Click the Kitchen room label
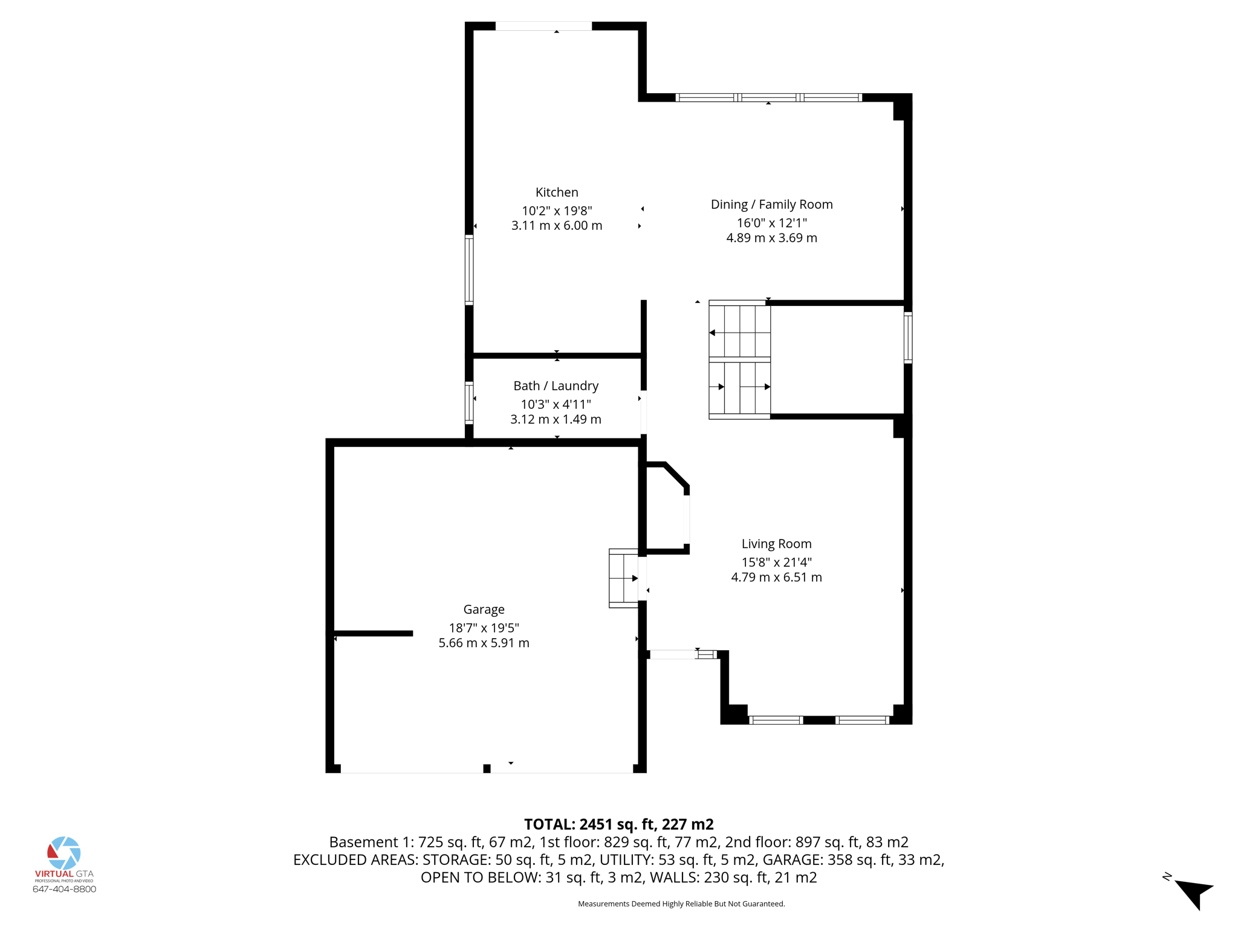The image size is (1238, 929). (x=557, y=192)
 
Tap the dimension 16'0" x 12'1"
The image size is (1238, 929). (x=771, y=223)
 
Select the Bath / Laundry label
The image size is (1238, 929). (x=556, y=386)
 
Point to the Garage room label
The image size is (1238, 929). (x=484, y=610)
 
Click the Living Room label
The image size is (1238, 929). (x=776, y=544)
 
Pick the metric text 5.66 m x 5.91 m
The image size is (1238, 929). (x=484, y=643)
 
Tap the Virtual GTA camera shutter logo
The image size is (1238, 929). (x=64, y=853)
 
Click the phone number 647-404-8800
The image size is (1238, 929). (x=64, y=889)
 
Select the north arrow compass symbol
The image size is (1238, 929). (x=1193, y=893)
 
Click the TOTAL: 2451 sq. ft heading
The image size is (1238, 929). (x=618, y=824)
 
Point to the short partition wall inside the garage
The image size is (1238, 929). (x=374, y=633)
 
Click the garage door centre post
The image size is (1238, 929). (x=487, y=769)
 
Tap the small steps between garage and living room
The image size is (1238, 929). (x=623, y=578)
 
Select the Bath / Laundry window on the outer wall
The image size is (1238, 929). (x=469, y=403)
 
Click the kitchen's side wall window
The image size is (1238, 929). (x=469, y=270)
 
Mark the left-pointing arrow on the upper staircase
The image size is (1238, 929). (x=713, y=333)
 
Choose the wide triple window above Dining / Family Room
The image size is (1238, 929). (x=768, y=97)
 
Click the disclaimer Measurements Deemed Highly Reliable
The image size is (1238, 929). (x=681, y=904)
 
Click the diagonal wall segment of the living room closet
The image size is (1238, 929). (x=676, y=475)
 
